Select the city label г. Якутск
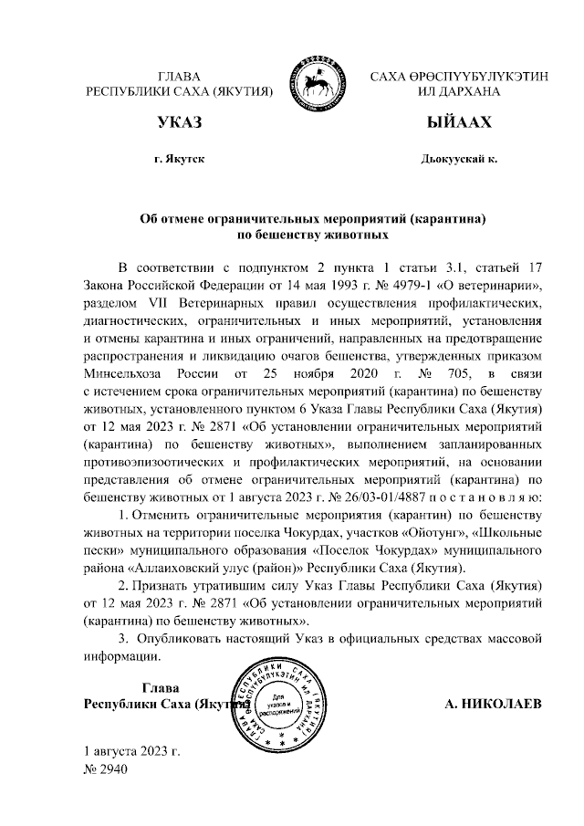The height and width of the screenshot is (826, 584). point(180,159)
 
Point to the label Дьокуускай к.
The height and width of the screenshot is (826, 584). point(459,159)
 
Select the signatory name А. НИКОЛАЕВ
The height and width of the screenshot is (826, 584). point(493,705)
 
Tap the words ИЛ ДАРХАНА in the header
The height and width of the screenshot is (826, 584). point(459,91)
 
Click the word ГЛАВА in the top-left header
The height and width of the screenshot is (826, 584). point(179,76)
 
